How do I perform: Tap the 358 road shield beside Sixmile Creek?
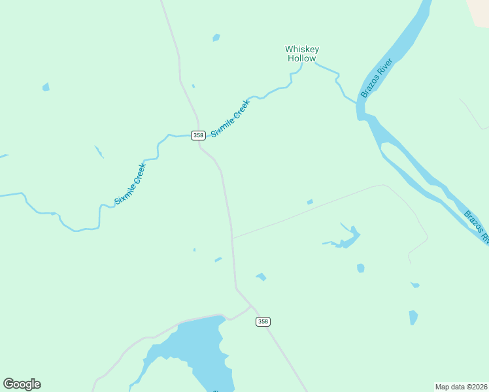point(198,135)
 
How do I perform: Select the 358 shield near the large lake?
point(263,321)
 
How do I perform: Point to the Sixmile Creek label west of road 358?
point(130,184)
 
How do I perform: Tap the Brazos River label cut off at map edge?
point(477,226)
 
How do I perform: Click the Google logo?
point(22,384)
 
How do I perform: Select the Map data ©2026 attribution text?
point(461,387)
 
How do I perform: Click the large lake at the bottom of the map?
point(196,353)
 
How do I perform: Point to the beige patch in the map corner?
point(480,10)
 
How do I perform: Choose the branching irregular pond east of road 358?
point(347,238)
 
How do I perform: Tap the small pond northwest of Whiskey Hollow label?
point(216,38)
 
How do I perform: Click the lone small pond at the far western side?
point(46,87)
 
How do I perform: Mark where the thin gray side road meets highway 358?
point(232,238)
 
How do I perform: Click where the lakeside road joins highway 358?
point(250,305)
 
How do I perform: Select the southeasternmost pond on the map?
point(413,318)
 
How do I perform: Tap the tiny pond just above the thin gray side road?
point(310,202)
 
